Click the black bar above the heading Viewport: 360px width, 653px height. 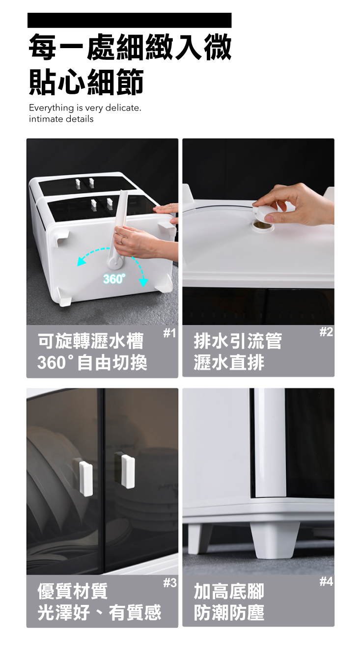pos(130,20)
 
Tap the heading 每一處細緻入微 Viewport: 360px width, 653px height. pos(130,47)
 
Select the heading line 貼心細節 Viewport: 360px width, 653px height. pos(86,82)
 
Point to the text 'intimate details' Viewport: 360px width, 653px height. pos(61,119)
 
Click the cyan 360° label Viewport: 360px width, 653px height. pos(114,279)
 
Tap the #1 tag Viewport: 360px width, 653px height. pos(169,333)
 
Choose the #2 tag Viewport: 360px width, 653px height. pos(326,332)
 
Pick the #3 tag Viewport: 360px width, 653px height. pos(170,583)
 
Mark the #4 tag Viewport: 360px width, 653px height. pos(326,582)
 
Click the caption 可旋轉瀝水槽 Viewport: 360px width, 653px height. pos(91,341)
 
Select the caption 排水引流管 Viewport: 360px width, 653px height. pos(238,341)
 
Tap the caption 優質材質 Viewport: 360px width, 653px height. pos(73,591)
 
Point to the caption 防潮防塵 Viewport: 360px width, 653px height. pos(229,612)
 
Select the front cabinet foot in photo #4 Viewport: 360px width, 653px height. pos(275,540)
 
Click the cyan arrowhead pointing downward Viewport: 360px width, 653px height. pos(143,283)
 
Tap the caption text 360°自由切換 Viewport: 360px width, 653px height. pos(92,362)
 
